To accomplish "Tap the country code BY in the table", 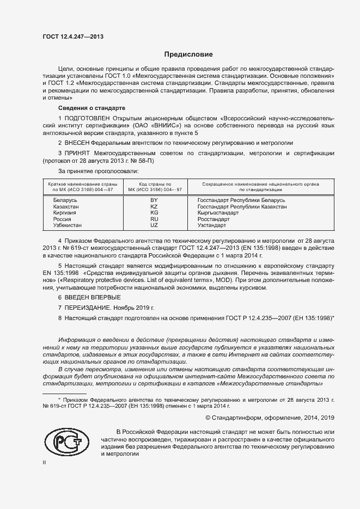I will (x=154, y=201).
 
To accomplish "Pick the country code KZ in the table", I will (x=154, y=207).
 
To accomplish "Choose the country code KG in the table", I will (x=154, y=213).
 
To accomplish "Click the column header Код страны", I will (x=155, y=184).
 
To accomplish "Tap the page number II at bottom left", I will (x=45, y=463).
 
